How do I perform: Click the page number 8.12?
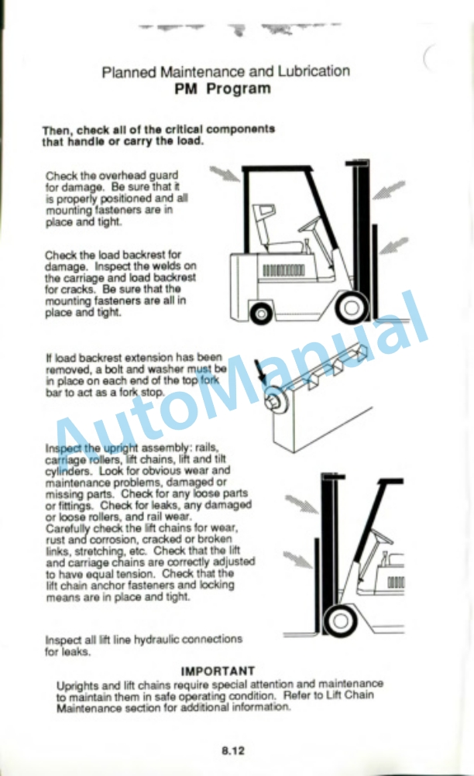233,750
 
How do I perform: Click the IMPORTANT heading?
218,671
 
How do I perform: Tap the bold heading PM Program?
222,89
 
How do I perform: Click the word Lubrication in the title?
314,71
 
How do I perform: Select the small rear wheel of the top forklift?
261,314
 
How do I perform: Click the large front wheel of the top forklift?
352,307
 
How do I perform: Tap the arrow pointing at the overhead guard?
225,173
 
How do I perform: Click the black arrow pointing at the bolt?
261,373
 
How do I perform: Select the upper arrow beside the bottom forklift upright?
302,504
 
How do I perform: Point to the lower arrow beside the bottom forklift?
298,560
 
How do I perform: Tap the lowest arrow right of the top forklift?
393,246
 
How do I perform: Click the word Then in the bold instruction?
56,131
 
